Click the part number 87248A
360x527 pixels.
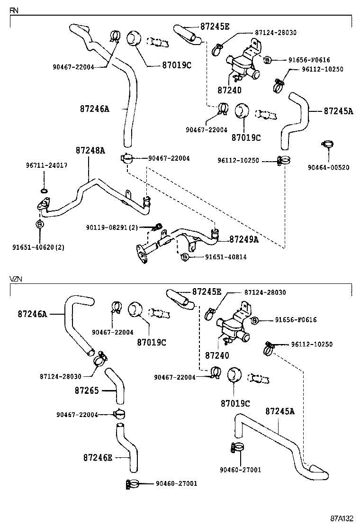[90, 150]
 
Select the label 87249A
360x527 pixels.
[244, 239]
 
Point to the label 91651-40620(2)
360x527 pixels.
[38, 247]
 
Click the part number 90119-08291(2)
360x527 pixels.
[112, 227]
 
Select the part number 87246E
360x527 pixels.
[98, 457]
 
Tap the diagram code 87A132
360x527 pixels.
[342, 518]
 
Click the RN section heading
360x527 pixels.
[14, 10]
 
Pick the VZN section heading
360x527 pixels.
[16, 280]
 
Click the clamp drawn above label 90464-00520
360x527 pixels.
[327, 144]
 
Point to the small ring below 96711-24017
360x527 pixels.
[44, 191]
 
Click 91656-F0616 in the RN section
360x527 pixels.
[309, 60]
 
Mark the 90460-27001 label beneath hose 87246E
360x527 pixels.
[176, 483]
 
